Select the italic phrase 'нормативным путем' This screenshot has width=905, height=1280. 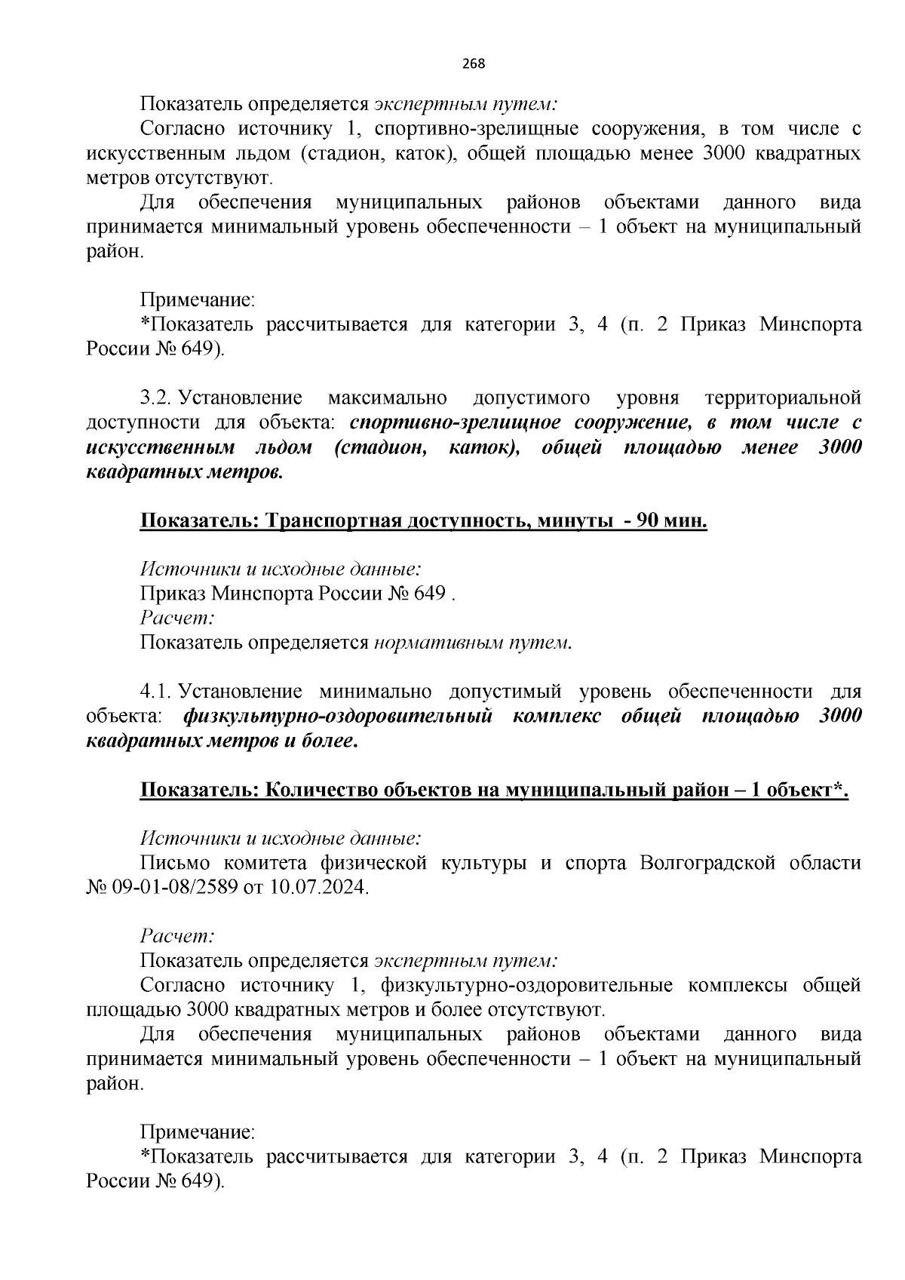(471, 643)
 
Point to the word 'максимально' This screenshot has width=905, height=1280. (388, 398)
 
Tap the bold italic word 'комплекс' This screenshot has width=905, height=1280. (556, 716)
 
